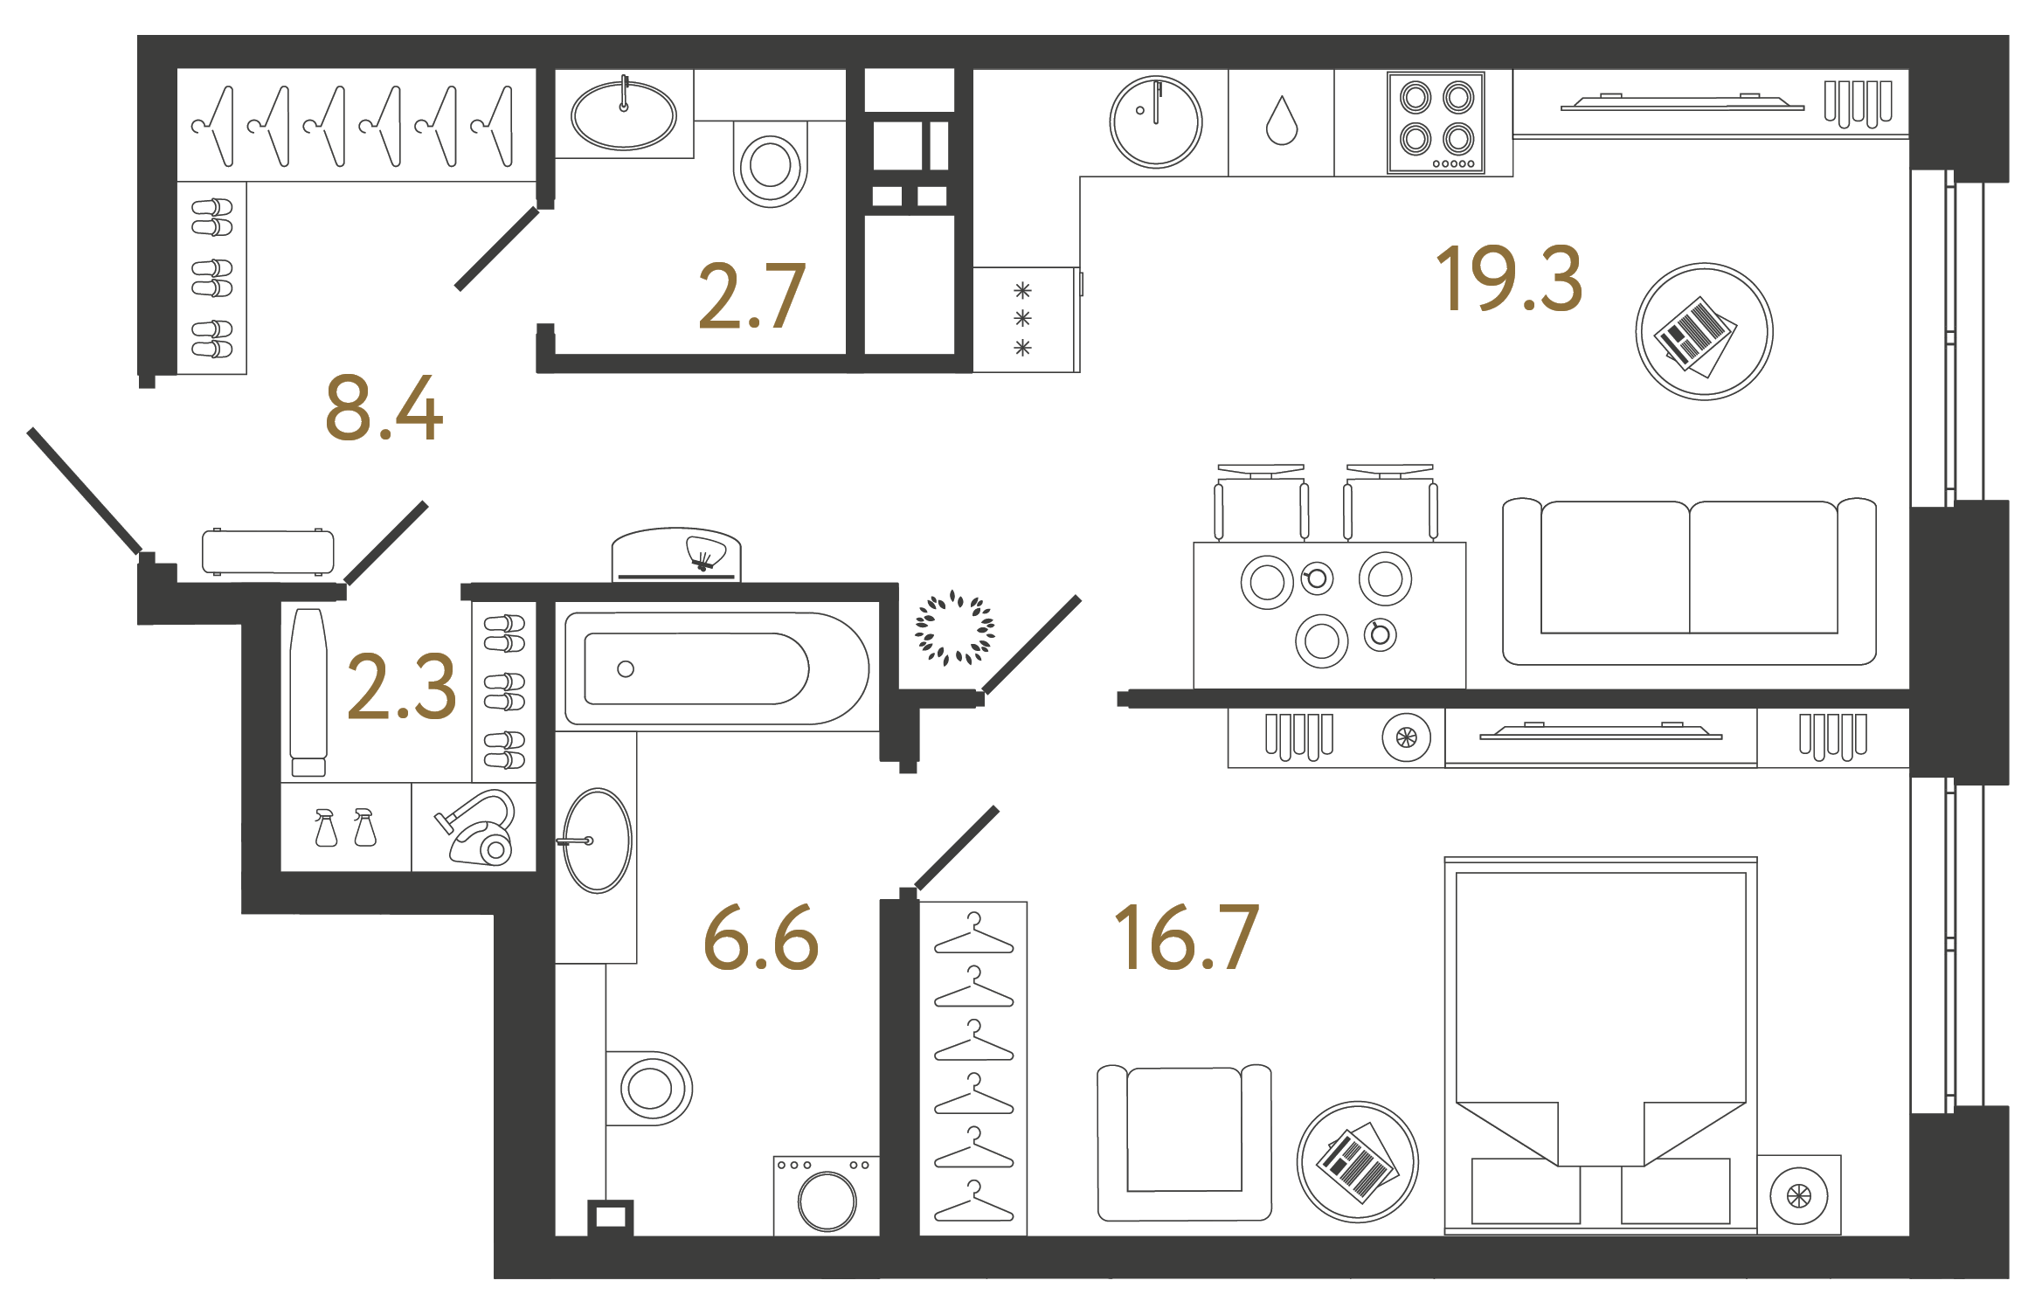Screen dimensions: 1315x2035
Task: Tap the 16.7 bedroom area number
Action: [x=1187, y=938]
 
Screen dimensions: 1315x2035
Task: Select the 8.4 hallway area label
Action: [x=384, y=408]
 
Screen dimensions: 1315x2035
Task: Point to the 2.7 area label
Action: [x=751, y=297]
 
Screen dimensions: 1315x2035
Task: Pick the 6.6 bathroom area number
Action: [x=761, y=938]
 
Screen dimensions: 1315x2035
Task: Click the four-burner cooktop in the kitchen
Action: [x=1436, y=123]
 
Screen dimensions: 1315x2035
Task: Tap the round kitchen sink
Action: [x=1155, y=121]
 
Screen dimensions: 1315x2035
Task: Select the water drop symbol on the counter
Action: [x=1281, y=121]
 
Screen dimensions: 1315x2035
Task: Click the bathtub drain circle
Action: [x=626, y=669]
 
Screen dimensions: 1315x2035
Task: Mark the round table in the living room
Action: [x=1704, y=332]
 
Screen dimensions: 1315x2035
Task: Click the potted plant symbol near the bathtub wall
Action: [x=954, y=627]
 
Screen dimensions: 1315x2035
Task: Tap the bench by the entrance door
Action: [x=267, y=551]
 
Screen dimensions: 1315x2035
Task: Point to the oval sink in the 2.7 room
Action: [x=623, y=114]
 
